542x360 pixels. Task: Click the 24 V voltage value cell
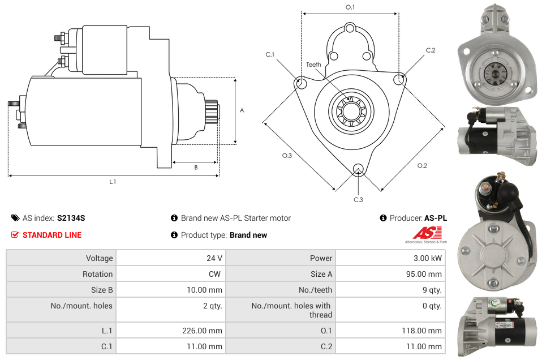point(214,258)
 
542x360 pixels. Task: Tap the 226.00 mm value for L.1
point(205,331)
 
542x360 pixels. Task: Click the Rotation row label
point(97,274)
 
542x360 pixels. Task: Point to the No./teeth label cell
point(315,290)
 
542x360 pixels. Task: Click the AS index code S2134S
point(71,218)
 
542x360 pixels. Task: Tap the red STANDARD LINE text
point(52,235)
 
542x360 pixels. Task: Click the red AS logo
point(423,233)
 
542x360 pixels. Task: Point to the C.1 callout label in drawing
point(270,54)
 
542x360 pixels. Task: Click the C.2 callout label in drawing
point(431,50)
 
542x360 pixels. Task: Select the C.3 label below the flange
point(358,199)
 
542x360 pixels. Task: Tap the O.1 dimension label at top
point(350,7)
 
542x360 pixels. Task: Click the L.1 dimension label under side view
point(113,182)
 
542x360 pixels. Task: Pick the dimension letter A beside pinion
point(242,110)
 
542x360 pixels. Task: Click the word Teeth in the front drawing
point(313,65)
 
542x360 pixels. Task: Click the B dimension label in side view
point(196,167)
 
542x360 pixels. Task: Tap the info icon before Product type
point(174,235)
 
